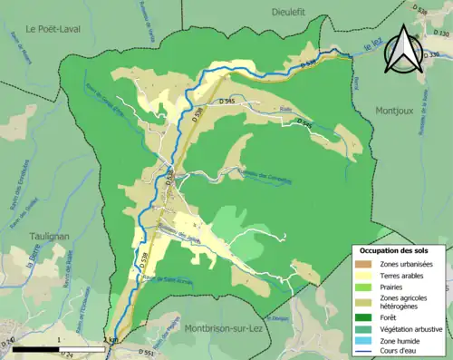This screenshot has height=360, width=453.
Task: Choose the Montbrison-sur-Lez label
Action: point(222,328)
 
